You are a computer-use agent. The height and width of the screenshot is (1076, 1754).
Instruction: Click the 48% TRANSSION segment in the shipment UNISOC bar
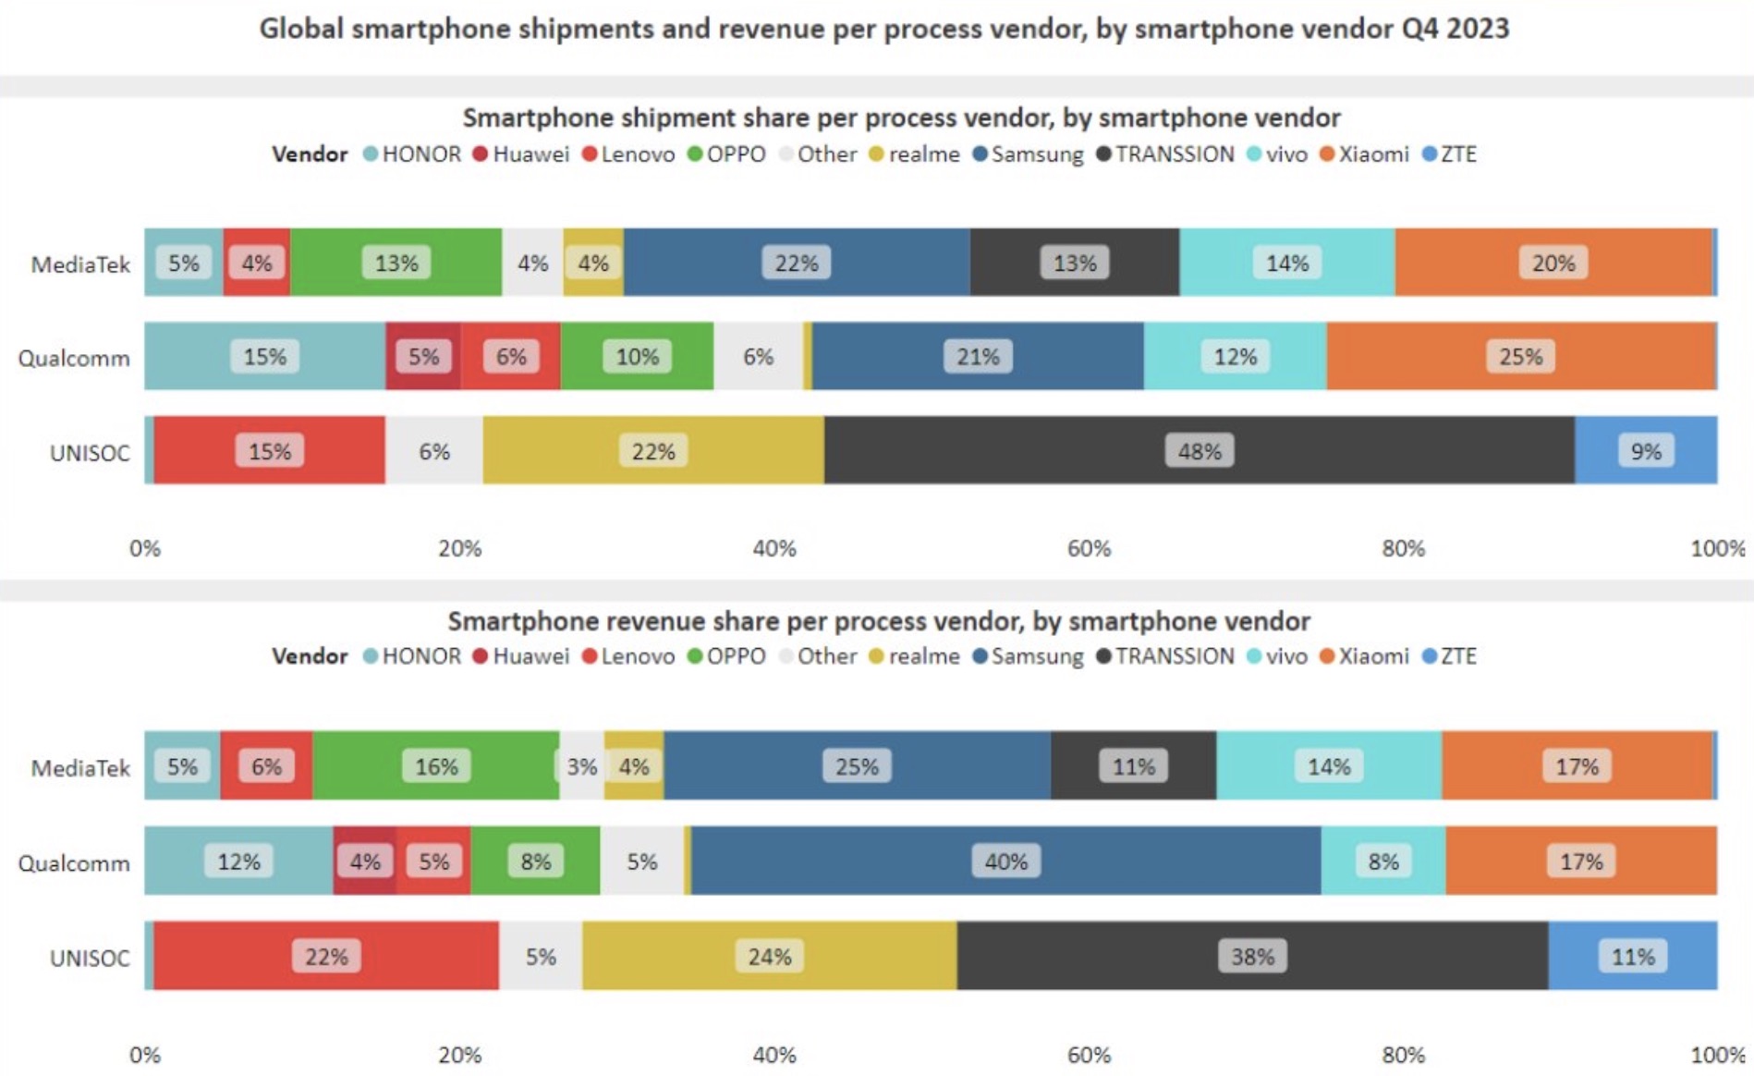(x=1199, y=450)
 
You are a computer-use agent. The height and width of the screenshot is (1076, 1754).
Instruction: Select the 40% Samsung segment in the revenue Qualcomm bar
(x=1005, y=862)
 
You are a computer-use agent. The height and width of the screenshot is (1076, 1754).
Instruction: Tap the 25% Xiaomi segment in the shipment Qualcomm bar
(x=1520, y=357)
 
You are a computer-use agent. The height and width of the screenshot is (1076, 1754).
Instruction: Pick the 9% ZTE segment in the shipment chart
(x=1645, y=450)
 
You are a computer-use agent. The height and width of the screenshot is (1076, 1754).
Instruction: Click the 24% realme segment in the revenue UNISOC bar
(x=769, y=956)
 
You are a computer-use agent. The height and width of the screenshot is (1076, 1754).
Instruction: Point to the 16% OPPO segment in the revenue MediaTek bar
(x=435, y=766)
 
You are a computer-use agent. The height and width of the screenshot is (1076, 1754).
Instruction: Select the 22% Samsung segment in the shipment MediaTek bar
(x=796, y=263)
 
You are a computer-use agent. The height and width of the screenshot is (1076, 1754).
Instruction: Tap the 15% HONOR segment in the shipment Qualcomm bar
(x=264, y=357)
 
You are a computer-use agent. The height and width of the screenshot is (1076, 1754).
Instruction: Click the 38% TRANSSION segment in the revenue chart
(x=1252, y=956)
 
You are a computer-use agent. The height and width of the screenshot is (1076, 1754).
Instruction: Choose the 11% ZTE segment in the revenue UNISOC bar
(x=1632, y=956)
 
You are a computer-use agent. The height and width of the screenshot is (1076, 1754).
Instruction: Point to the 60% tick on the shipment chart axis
(x=1089, y=548)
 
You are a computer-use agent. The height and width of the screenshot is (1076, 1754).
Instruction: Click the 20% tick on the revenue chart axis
(x=459, y=1055)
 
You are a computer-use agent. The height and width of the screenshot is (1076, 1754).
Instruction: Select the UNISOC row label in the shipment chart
(x=90, y=453)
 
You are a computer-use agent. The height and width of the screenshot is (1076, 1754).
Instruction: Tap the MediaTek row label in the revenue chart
(x=80, y=768)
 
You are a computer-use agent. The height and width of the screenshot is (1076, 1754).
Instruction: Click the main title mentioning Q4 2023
(x=883, y=29)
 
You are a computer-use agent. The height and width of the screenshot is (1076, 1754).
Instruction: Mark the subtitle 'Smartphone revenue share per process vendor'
(x=878, y=621)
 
